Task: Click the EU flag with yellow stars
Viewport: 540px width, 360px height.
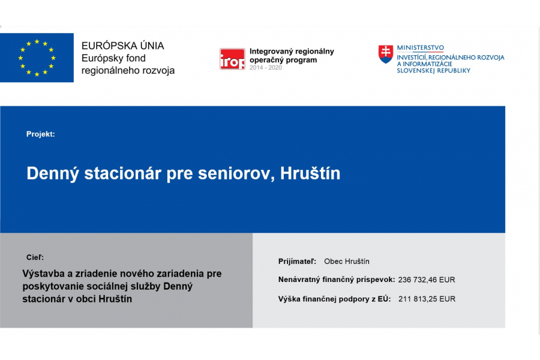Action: click(x=37, y=58)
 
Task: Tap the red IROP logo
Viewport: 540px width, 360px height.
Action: click(x=232, y=59)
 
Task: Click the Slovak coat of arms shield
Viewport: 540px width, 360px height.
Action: click(x=386, y=54)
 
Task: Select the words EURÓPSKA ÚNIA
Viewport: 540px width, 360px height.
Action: click(x=122, y=46)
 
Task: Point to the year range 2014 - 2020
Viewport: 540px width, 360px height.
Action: click(x=266, y=68)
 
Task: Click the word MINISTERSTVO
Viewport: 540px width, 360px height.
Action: click(x=421, y=47)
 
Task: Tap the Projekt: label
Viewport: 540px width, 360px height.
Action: click(x=41, y=134)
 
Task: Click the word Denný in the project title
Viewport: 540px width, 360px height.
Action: click(x=53, y=173)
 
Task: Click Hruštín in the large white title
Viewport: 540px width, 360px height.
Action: click(x=310, y=173)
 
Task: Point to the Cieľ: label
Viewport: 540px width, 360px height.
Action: click(x=35, y=257)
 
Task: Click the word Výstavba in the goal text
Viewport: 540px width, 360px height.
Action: click(x=44, y=274)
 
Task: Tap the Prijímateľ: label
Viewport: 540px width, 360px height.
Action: click(x=297, y=262)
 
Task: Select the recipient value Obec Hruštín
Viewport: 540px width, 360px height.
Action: click(x=347, y=262)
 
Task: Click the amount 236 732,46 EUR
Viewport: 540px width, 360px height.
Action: click(x=427, y=280)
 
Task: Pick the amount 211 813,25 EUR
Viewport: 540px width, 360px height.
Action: click(x=427, y=299)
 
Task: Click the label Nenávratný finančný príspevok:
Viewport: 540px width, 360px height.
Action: click(x=337, y=280)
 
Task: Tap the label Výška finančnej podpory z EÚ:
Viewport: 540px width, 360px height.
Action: click(x=334, y=299)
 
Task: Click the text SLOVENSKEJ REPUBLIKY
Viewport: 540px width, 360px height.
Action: click(x=434, y=71)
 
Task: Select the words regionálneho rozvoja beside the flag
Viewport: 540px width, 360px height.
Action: click(x=128, y=71)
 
